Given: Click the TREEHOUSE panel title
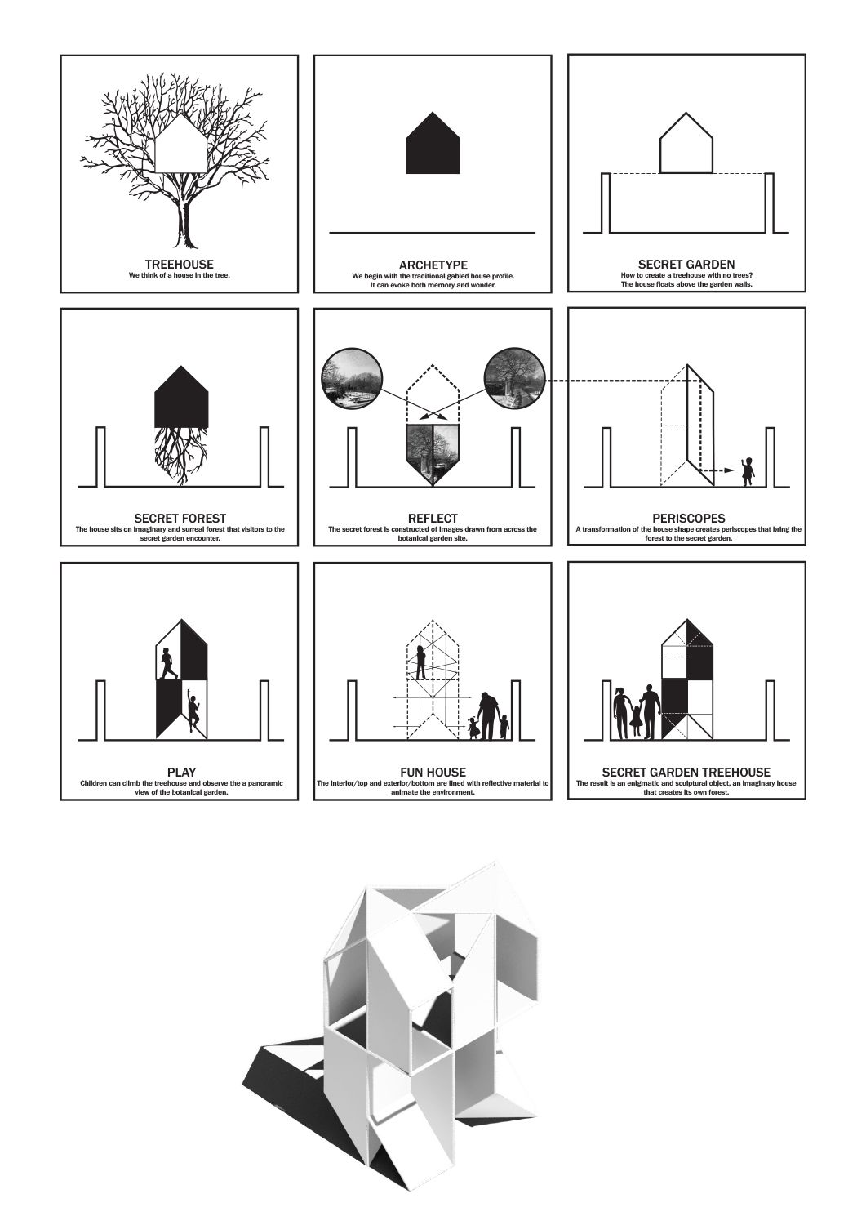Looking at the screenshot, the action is point(180,265).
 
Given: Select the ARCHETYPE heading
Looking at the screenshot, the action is point(433,265).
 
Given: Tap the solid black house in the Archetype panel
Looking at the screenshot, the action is point(433,143).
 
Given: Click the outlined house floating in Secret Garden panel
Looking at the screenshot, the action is point(686,143).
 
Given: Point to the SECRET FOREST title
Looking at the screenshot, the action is point(180,518).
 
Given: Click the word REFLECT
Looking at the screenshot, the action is point(433,518).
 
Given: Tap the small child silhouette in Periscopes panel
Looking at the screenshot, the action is point(746,472).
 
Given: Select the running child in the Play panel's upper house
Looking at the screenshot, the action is point(169,663).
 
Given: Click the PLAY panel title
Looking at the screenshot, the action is point(181,773).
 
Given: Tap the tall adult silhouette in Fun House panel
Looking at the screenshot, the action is point(489,715).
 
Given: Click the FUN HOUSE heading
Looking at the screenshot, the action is point(433,773).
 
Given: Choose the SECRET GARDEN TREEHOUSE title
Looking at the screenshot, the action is point(686,773).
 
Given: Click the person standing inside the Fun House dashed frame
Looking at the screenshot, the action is point(421,661).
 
